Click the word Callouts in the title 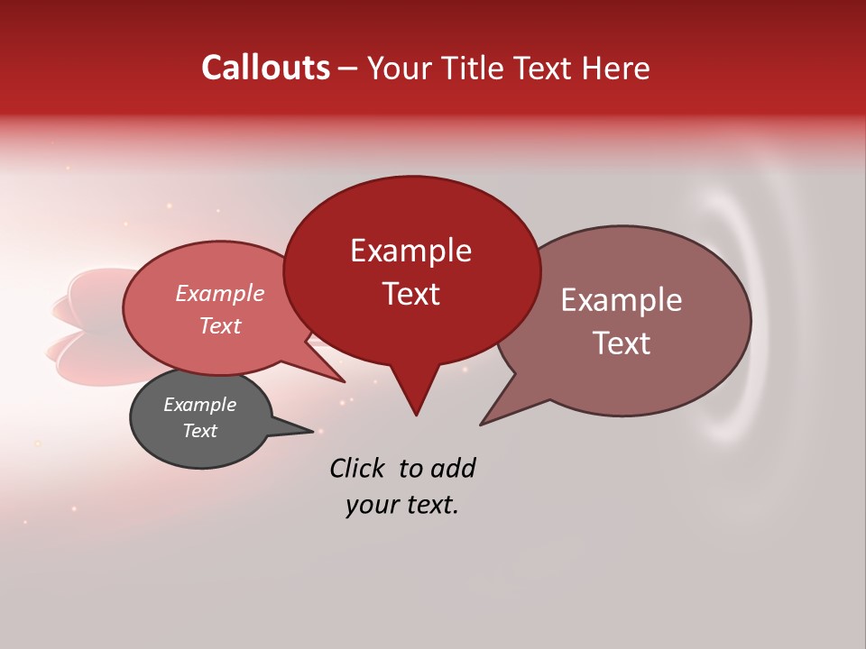pyautogui.click(x=265, y=68)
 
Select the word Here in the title pyautogui.click(x=615, y=68)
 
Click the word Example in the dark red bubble pyautogui.click(x=410, y=251)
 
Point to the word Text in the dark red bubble pyautogui.click(x=410, y=294)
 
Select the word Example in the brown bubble pyautogui.click(x=622, y=300)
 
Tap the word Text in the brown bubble pyautogui.click(x=622, y=343)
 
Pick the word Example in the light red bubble pyautogui.click(x=219, y=294)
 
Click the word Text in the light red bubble pyautogui.click(x=219, y=326)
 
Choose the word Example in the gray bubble pyautogui.click(x=199, y=405)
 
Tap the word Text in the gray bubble pyautogui.click(x=199, y=431)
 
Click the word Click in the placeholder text pyautogui.click(x=358, y=468)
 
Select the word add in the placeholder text pyautogui.click(x=453, y=468)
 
